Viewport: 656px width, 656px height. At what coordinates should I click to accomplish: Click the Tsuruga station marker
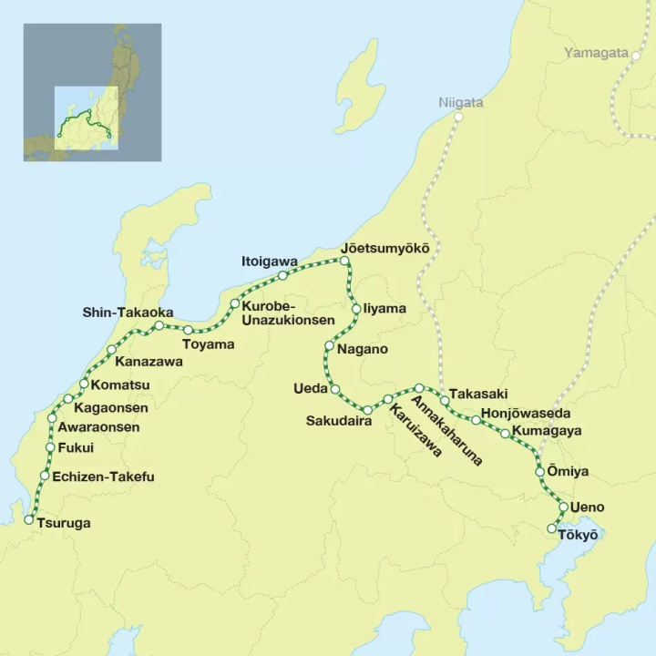[29, 520]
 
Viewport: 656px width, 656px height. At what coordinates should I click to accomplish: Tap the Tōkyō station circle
[552, 528]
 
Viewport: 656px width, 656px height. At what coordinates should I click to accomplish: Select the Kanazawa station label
[149, 362]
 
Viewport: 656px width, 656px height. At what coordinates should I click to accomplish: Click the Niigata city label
[461, 102]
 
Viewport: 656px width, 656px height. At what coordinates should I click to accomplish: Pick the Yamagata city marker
[635, 53]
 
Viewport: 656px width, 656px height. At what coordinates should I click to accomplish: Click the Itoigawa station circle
[283, 275]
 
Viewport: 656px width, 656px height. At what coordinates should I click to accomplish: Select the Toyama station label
[208, 344]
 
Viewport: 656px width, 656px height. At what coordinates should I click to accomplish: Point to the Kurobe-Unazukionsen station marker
[234, 304]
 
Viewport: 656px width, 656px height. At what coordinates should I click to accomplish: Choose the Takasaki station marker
[445, 400]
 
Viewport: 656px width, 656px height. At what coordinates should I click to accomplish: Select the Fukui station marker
[50, 448]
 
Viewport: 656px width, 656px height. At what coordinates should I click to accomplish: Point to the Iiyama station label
[384, 309]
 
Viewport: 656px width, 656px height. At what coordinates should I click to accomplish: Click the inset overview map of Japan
[92, 92]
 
